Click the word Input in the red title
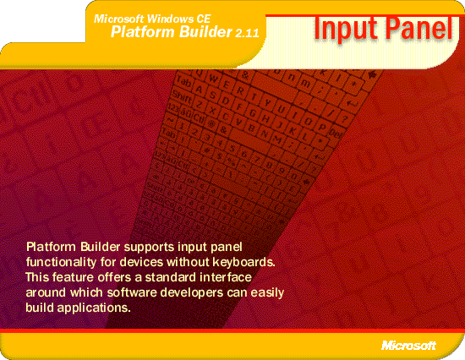[346, 30]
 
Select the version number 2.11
[248, 33]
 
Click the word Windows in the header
[170, 19]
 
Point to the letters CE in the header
[203, 19]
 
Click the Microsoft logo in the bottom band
[408, 345]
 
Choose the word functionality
[61, 263]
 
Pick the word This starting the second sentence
[36, 277]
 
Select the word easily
[267, 293]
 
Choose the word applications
[94, 308]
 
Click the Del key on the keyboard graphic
[336, 134]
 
